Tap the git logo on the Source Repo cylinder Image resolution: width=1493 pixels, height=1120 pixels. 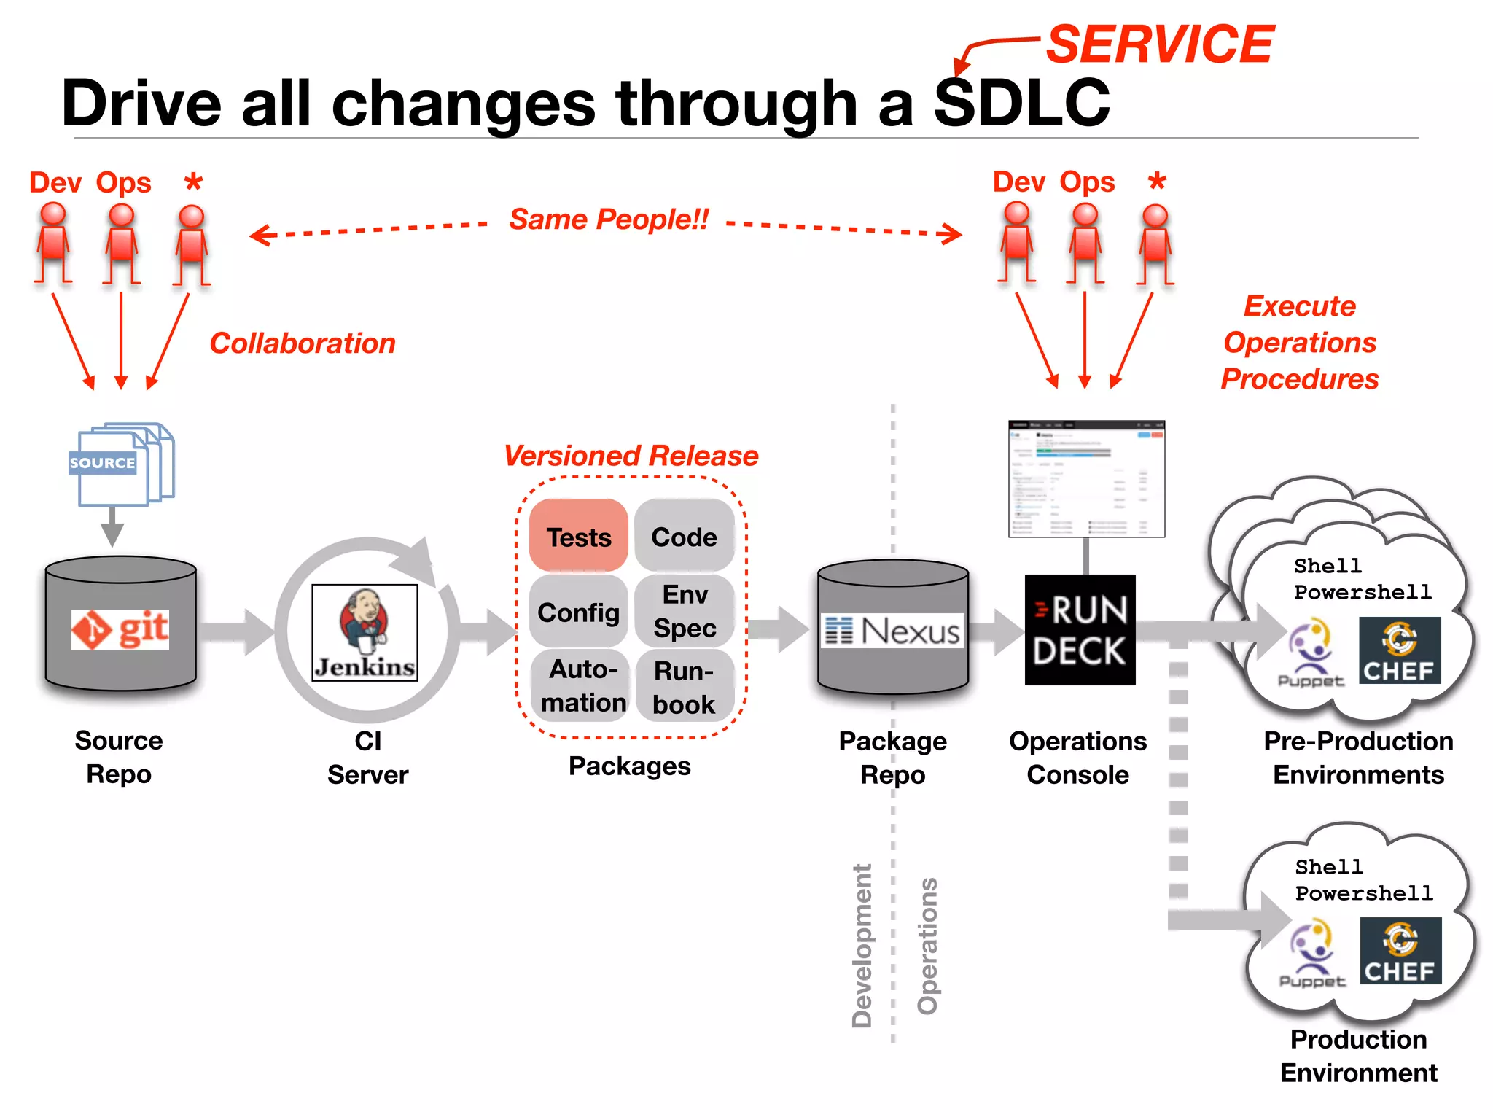click(x=120, y=629)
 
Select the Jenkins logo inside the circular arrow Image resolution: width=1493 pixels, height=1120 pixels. click(x=365, y=632)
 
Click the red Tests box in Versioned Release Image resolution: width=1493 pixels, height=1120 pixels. click(x=579, y=537)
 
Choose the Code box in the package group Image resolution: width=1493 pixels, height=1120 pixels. click(x=684, y=537)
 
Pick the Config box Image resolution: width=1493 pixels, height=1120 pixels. click(x=579, y=612)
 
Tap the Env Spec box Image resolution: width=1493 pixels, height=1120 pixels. click(x=685, y=611)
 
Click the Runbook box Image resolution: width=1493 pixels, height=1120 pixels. click(x=684, y=687)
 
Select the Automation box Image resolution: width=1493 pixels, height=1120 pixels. click(x=582, y=685)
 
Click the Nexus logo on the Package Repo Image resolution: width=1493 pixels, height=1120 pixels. click(x=893, y=631)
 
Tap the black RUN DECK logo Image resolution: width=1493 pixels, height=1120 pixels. click(x=1080, y=630)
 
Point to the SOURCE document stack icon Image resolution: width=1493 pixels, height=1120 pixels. click(x=121, y=464)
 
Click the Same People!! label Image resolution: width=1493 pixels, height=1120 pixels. click(x=609, y=219)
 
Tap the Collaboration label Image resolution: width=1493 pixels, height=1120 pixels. click(x=303, y=343)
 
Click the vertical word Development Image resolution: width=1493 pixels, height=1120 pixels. click(x=862, y=946)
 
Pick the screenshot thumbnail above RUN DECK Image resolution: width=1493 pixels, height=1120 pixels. click(x=1086, y=478)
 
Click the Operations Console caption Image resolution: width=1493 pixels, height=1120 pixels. click(x=1077, y=758)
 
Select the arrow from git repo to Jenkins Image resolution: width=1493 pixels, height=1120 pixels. click(x=237, y=631)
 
